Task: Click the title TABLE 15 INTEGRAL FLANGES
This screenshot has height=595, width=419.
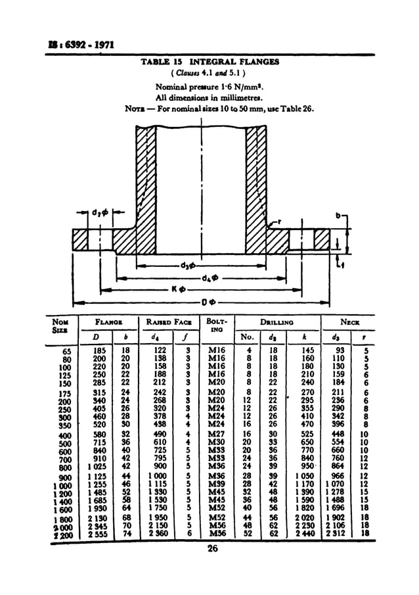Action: click(x=210, y=62)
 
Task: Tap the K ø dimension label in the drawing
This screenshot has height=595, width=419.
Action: click(x=181, y=290)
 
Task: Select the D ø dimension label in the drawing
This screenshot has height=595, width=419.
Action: click(x=209, y=302)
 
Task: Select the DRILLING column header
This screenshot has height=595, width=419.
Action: click(x=276, y=323)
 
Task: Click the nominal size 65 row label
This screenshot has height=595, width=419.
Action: click(x=66, y=352)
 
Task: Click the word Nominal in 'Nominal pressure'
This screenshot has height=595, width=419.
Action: click(x=171, y=87)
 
